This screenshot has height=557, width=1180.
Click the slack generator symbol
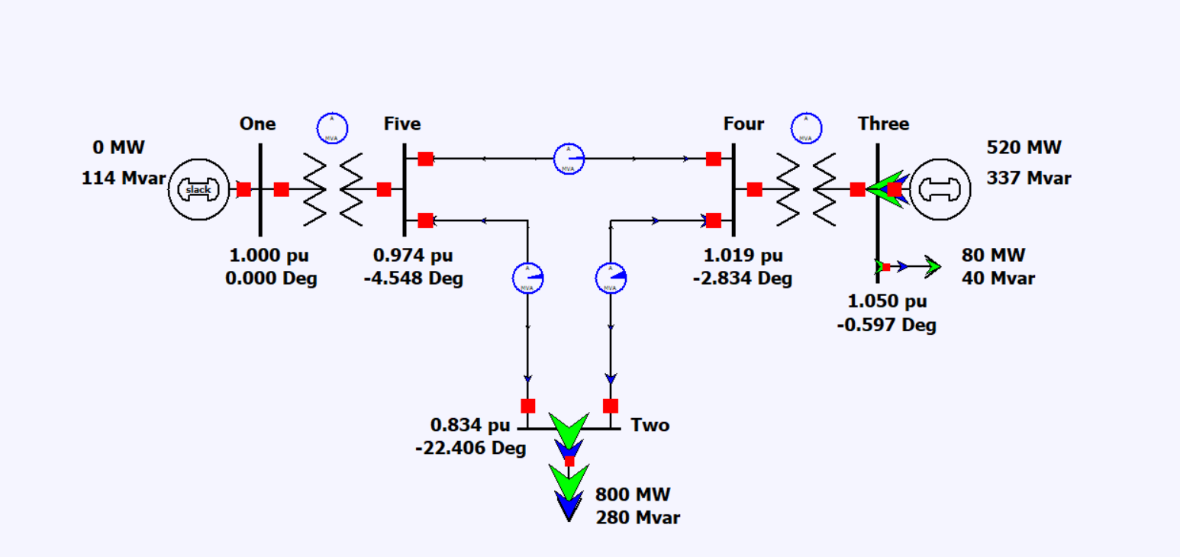198,189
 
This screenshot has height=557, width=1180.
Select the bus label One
257,124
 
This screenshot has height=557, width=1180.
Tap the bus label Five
402,124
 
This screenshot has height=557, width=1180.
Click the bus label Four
743,124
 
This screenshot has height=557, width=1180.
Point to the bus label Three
883,124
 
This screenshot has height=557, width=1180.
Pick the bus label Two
650,425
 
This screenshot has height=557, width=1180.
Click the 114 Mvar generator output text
124,179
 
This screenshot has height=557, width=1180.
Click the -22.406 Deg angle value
470,449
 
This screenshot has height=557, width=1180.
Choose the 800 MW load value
633,494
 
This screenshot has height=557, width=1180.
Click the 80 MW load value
993,255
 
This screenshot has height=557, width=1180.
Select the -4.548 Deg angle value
413,278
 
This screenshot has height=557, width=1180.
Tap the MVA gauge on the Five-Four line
569,159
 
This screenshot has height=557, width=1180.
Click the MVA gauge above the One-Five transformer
332,128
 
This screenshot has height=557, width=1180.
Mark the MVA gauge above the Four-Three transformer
806,128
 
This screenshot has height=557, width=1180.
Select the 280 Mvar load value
637,518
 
